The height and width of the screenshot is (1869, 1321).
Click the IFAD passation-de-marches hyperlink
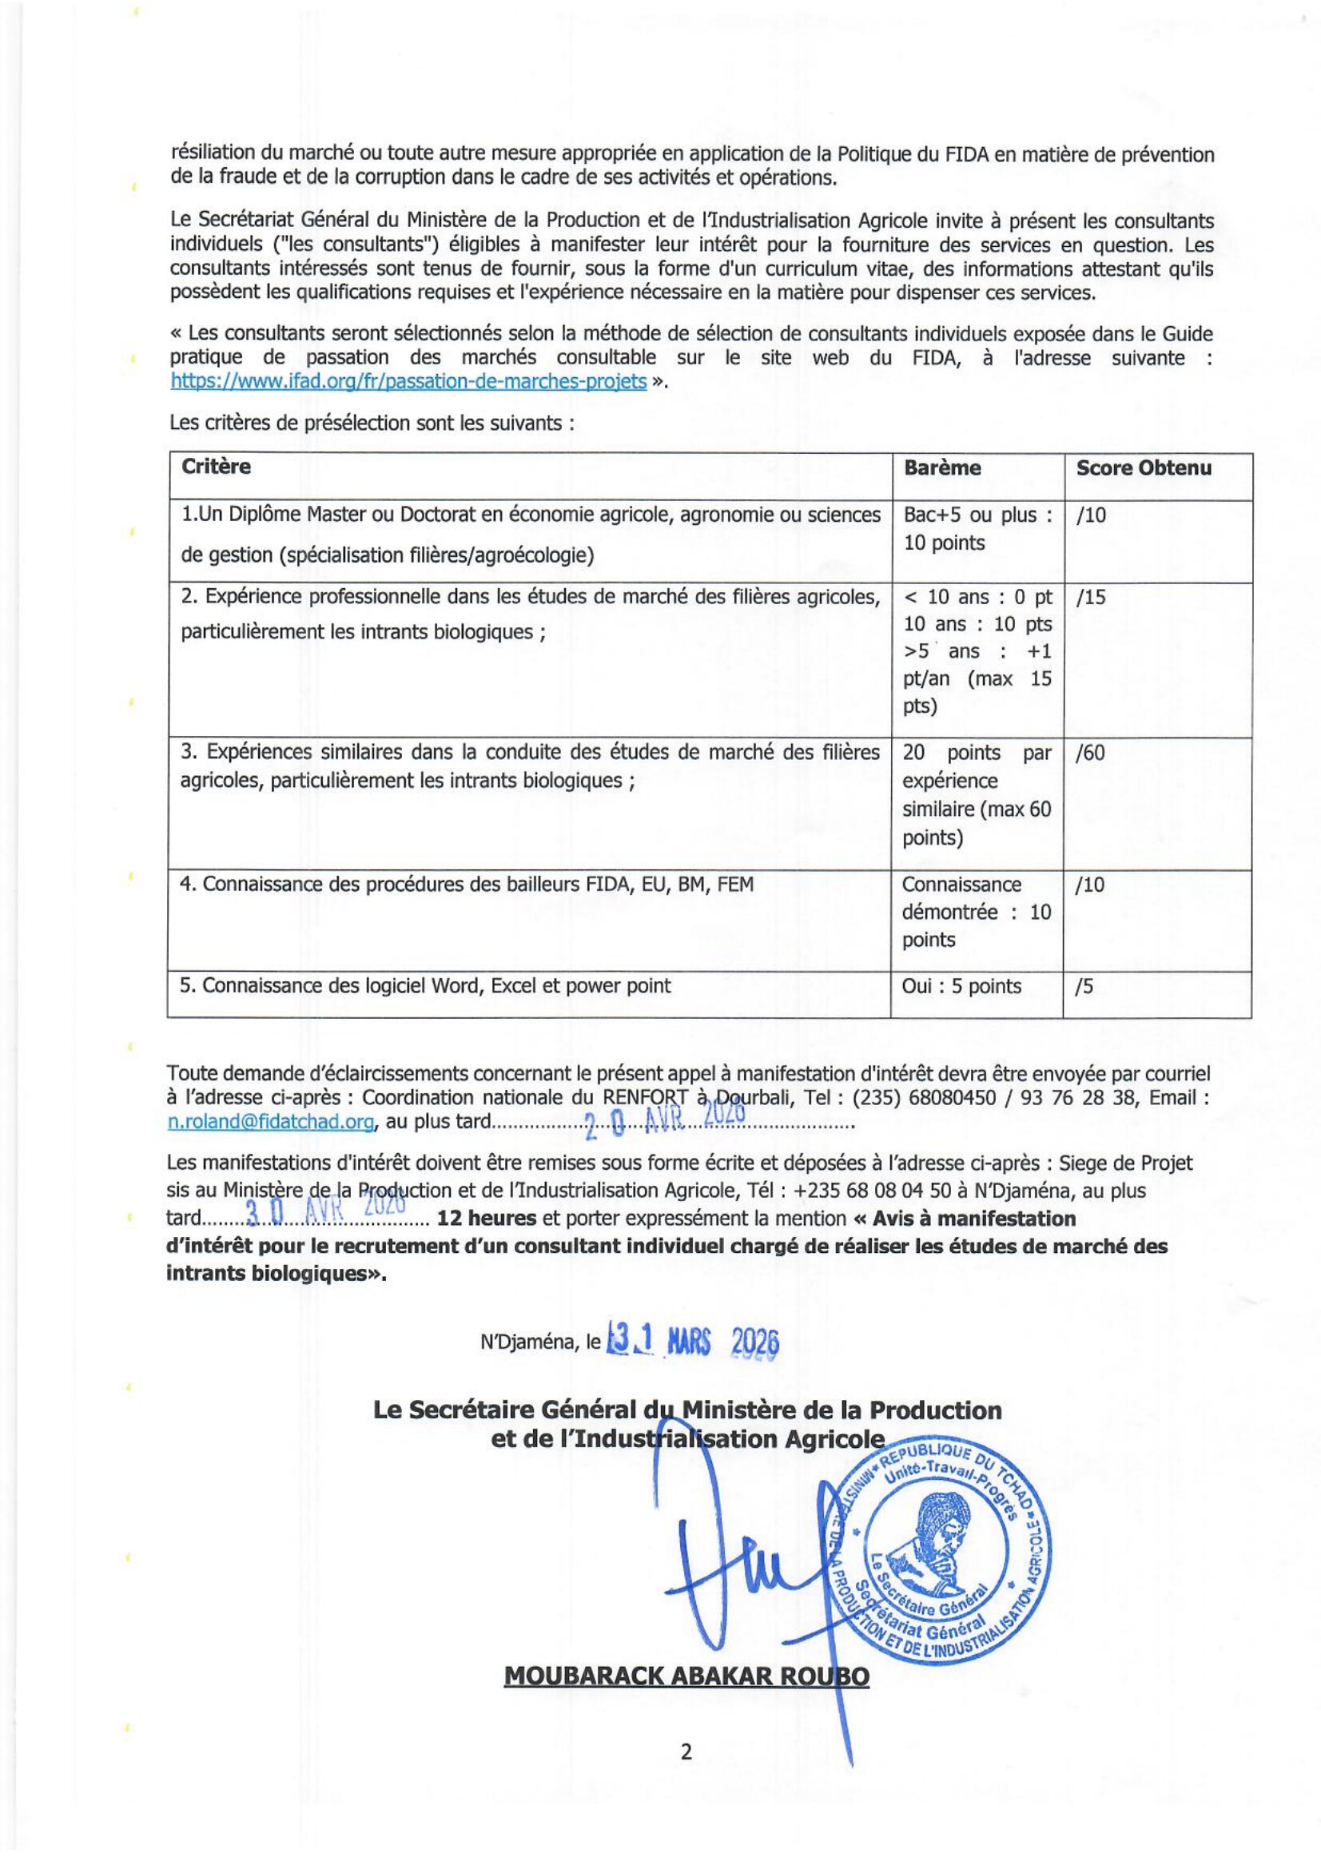(408, 382)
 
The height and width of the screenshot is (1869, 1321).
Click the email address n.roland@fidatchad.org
(271, 1122)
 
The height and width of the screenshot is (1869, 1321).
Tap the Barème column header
(941, 468)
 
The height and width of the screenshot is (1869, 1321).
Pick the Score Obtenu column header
(1143, 468)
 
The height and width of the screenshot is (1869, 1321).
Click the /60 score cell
(1090, 753)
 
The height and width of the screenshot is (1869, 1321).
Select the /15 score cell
(1090, 598)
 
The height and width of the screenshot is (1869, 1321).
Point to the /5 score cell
(1084, 987)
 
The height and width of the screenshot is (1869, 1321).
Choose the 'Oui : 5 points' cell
(961, 987)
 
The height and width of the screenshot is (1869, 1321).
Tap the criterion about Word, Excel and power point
(425, 987)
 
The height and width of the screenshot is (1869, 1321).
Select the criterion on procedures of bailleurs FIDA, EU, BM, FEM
(466, 884)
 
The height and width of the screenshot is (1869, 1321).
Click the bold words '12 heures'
(486, 1219)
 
